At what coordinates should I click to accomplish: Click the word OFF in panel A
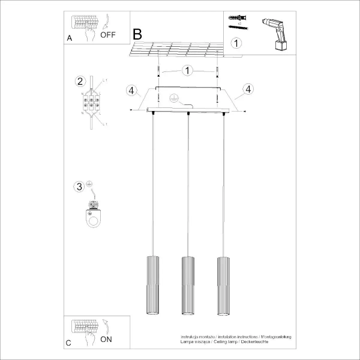tap(108, 35)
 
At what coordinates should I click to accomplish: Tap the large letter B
tap(137, 34)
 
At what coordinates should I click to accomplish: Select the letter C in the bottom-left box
tap(68, 343)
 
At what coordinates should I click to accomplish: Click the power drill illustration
tap(275, 33)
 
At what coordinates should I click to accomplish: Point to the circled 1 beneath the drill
tap(237, 43)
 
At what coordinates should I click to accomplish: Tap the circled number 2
tap(79, 82)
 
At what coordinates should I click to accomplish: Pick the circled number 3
tap(79, 187)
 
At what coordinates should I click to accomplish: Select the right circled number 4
tap(246, 90)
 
